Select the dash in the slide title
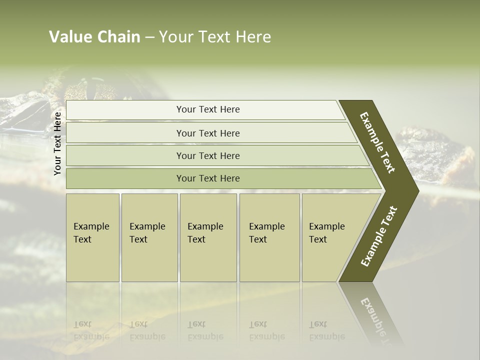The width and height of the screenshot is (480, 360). coord(149,37)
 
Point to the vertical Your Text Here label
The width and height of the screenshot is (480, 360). coord(58,143)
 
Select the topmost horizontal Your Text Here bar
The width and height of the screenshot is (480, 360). coord(207,109)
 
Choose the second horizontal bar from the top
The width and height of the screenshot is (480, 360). coord(207,133)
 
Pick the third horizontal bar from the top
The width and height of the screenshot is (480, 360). coord(207,155)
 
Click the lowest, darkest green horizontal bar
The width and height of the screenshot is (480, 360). coord(207,178)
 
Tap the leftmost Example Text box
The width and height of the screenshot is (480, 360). coord(92,237)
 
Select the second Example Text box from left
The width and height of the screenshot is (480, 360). coord(149,237)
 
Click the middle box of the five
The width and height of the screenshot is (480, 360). coord(208,237)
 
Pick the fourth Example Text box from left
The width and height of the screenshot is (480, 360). coord(269,237)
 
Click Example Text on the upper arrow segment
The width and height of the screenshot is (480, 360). coord(377,142)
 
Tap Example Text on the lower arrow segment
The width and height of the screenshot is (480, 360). coord(378,236)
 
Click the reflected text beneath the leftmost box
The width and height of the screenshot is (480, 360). coord(91,330)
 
